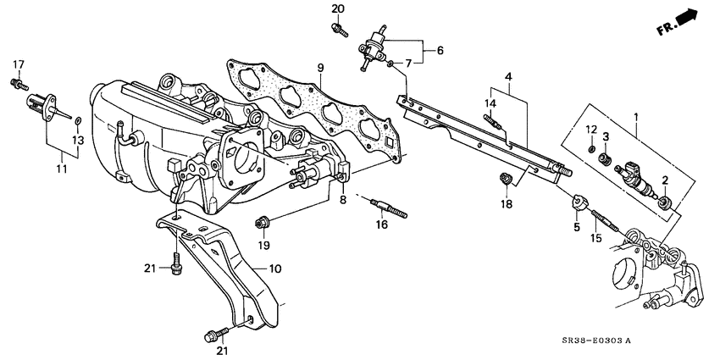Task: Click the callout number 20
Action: (x=338, y=8)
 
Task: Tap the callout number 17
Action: (x=18, y=64)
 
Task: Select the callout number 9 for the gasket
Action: (x=321, y=68)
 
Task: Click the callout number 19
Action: (x=263, y=245)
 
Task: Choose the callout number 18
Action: (x=506, y=204)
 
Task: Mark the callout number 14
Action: (x=490, y=103)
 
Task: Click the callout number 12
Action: (x=591, y=128)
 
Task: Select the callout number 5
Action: (x=578, y=227)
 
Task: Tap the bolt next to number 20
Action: (x=340, y=29)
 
